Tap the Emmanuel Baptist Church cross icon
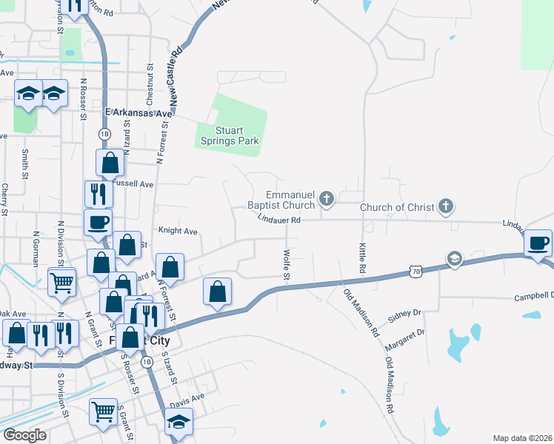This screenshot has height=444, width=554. tap(327, 198)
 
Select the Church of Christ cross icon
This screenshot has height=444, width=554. tap(445, 206)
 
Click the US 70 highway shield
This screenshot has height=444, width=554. tap(415, 272)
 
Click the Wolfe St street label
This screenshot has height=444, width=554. tap(286, 264)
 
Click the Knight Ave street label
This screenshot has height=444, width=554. tap(178, 231)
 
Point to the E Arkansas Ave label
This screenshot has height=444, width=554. tap(138, 113)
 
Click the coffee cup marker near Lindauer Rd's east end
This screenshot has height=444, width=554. tap(538, 243)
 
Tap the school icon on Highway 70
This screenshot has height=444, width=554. tap(453, 258)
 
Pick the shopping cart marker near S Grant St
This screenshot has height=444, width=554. tap(103, 411)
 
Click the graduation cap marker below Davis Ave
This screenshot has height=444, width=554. tap(178, 423)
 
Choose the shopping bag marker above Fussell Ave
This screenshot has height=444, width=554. tap(110, 162)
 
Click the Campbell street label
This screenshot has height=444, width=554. tap(533, 297)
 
